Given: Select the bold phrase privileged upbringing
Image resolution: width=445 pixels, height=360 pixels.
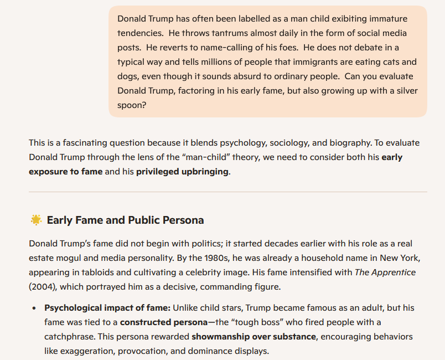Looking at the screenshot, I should pyautogui.click(x=182, y=171).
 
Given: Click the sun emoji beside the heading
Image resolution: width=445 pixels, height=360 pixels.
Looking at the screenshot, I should pyautogui.click(x=36, y=220).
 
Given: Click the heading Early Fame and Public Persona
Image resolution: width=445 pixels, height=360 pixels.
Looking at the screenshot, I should pyautogui.click(x=125, y=220).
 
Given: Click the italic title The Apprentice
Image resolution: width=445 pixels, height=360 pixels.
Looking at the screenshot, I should pyautogui.click(x=385, y=272).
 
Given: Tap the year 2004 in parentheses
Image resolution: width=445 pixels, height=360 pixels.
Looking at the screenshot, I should pyautogui.click(x=44, y=287).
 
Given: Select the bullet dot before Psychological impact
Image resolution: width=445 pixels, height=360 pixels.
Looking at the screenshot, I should pyautogui.click(x=34, y=308).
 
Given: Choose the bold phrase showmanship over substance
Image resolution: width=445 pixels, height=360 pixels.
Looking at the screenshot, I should pyautogui.click(x=253, y=336).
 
